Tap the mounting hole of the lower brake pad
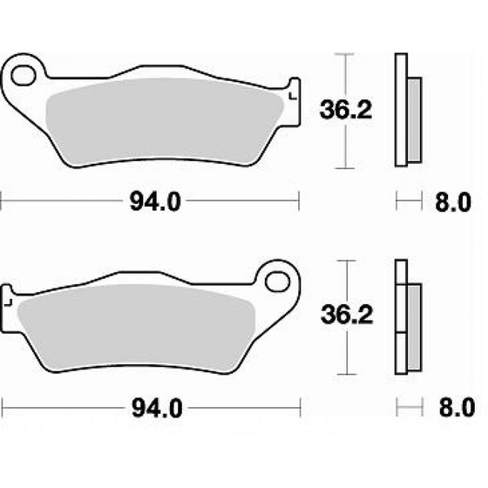point(278,281)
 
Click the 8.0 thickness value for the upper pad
point(452,203)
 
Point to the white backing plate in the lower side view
point(401,318)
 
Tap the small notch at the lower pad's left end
point(8,301)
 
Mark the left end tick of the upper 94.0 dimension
point(3,202)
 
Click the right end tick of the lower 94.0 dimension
point(301,408)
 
